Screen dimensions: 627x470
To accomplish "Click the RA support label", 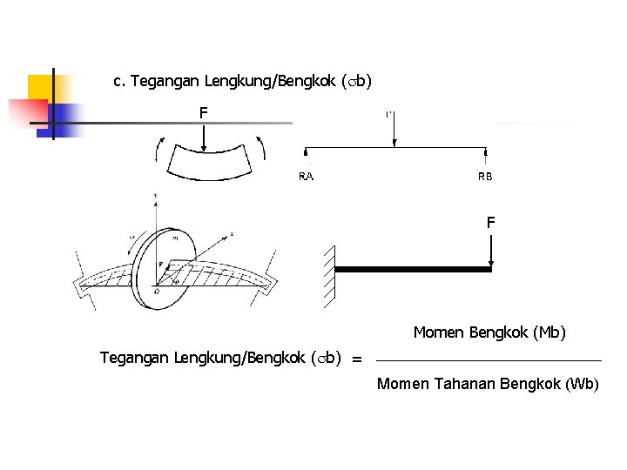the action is pos(307,177).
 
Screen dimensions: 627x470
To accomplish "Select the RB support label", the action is pos(485,177).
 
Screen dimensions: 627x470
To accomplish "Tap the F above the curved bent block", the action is pos(203,112).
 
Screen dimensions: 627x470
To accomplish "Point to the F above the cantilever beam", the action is pos(491,223).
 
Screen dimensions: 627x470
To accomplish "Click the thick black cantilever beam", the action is pos(413,270).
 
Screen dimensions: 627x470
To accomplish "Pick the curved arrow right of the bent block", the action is pos(260,148).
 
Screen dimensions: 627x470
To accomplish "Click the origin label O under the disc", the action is pos(156,292).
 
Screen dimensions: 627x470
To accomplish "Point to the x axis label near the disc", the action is pos(232,234).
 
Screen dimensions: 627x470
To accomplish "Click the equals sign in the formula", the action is pos(357,359).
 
